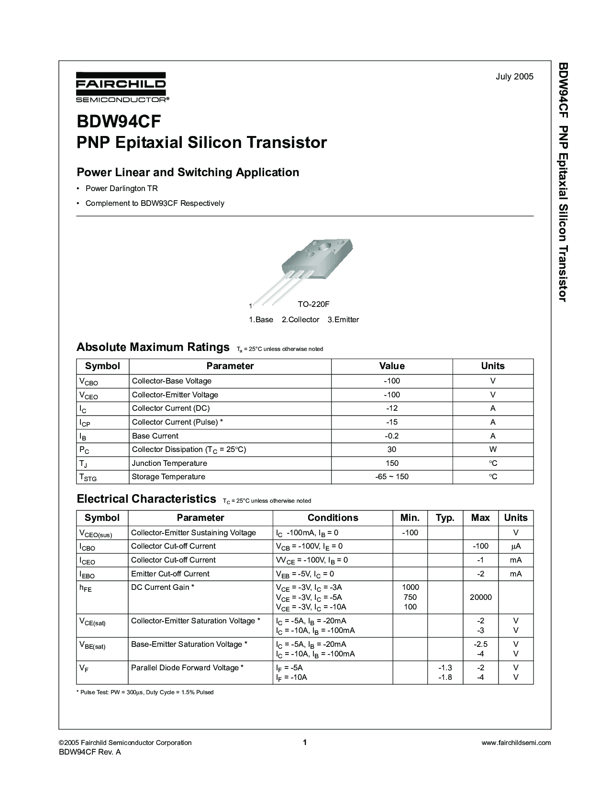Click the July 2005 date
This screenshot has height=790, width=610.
tap(514, 77)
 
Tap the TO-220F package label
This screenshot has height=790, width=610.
tap(313, 304)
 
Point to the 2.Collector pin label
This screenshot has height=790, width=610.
tap(300, 319)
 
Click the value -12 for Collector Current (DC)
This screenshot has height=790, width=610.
tap(392, 408)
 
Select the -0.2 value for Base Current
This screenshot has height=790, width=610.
tap(392, 436)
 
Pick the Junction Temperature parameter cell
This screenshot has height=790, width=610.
tap(169, 463)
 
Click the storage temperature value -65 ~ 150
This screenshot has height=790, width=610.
tap(392, 477)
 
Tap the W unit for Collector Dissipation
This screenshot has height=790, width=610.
tap(493, 450)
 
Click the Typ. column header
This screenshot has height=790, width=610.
tap(445, 518)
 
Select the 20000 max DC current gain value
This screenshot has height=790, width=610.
tap(480, 597)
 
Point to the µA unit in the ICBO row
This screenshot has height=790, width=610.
tap(515, 546)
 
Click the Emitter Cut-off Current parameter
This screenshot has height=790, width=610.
tap(170, 574)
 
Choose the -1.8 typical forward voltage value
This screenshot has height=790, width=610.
tap(445, 677)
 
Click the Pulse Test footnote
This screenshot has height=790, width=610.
tap(145, 692)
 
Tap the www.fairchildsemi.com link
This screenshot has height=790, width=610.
tap(516, 743)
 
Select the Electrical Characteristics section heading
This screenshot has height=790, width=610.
tap(146, 499)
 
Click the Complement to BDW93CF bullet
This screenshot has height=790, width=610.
tap(155, 203)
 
